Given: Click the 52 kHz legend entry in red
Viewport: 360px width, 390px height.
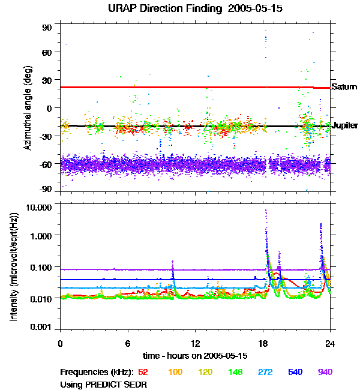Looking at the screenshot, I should (144, 372).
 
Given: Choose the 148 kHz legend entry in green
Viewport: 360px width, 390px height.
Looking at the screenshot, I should (236, 372).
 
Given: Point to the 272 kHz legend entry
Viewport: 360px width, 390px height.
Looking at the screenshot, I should (266, 372).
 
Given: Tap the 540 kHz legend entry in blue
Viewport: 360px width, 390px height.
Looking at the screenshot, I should (296, 372).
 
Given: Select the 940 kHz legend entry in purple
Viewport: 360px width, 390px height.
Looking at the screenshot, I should (325, 372).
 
